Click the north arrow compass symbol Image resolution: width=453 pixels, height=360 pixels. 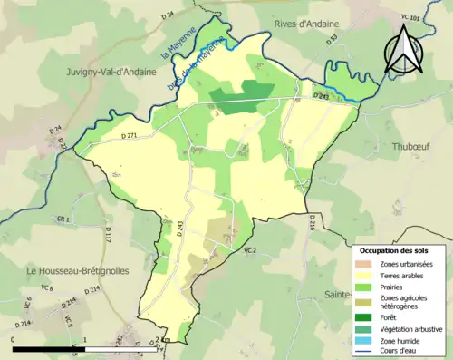[x=403, y=50]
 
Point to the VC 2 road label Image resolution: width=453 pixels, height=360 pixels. [x=250, y=249]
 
